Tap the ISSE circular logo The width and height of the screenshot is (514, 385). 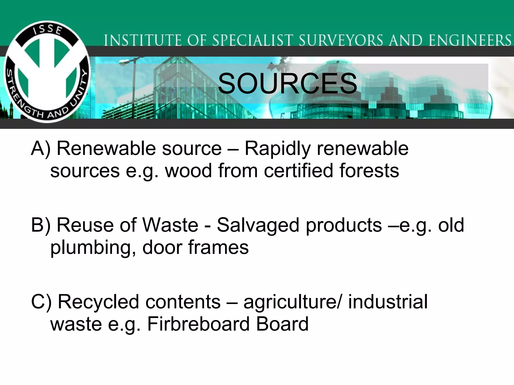(47, 72)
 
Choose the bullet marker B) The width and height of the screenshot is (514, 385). (41, 225)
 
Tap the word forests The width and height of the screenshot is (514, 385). (369, 171)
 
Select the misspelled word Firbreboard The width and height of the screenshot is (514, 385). (198, 324)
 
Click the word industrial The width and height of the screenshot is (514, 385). (388, 302)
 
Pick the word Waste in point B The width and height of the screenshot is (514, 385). (170, 225)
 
